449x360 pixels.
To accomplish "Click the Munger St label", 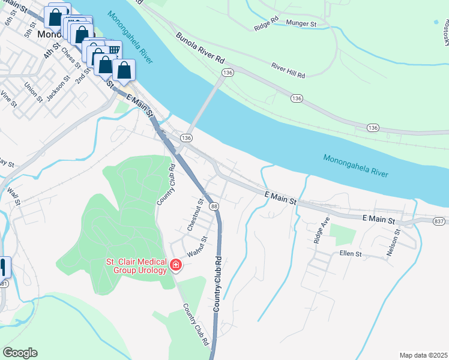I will [301, 23].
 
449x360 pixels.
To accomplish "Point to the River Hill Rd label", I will [288, 71].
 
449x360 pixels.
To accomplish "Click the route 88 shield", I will [214, 206].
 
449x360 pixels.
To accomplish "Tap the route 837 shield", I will [439, 221].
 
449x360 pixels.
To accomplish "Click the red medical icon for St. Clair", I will [176, 265].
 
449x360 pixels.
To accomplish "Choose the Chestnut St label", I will [193, 216].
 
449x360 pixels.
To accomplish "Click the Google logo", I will [20, 353].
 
